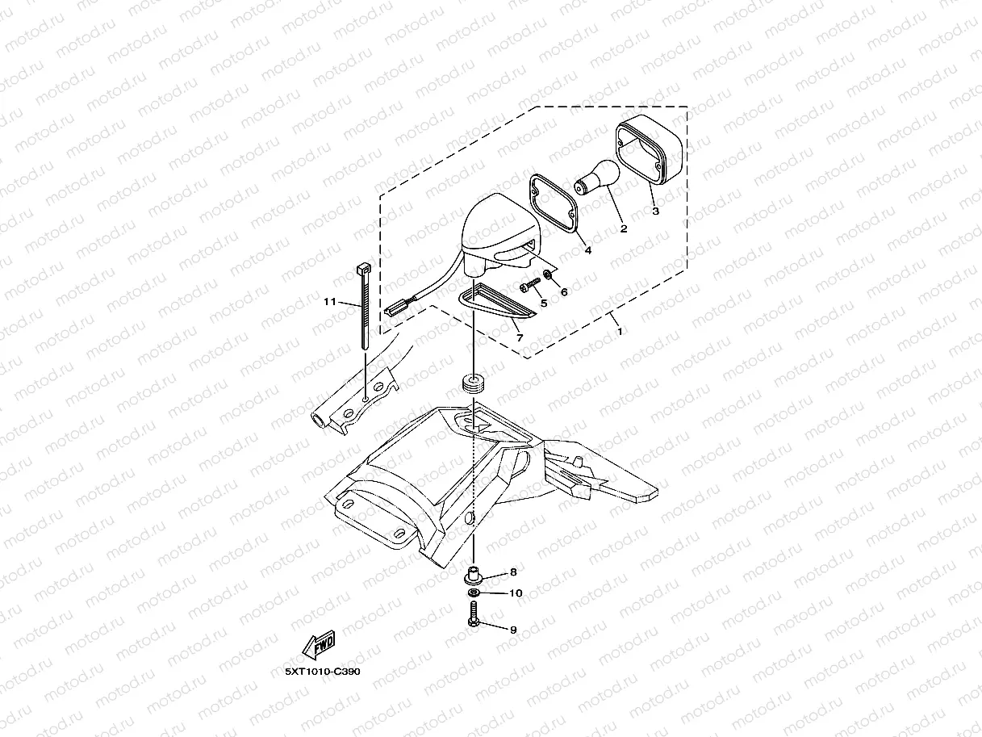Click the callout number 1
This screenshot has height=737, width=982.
click(x=620, y=331)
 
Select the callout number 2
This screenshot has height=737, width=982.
click(x=623, y=229)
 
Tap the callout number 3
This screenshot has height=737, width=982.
click(x=655, y=211)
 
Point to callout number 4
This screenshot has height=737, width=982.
click(x=587, y=251)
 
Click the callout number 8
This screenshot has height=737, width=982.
click(x=512, y=572)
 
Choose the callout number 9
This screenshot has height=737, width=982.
click(x=512, y=630)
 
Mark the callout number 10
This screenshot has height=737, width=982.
click(x=516, y=593)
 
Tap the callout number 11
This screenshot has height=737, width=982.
click(x=329, y=302)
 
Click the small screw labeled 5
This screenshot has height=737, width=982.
click(x=529, y=285)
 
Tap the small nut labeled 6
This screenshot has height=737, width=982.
click(x=549, y=276)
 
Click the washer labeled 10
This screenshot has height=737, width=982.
click(x=474, y=594)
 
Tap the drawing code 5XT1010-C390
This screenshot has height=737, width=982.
click(x=322, y=672)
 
